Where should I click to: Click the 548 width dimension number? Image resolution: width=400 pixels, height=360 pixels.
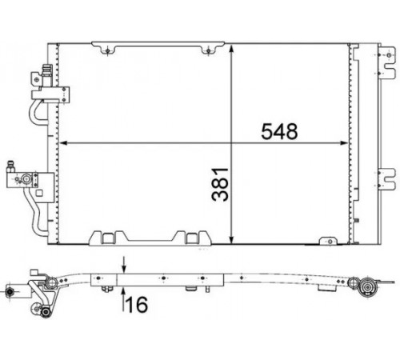click(x=279, y=131)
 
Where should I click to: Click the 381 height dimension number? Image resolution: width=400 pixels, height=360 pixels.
click(x=220, y=184)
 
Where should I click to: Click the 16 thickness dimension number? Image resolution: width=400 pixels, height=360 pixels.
click(x=137, y=305)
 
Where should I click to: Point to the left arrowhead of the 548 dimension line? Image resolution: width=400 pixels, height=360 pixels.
click(x=62, y=143)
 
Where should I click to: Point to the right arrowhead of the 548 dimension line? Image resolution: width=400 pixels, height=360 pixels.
click(x=345, y=143)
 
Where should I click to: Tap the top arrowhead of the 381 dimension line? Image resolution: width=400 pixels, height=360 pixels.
click(x=231, y=49)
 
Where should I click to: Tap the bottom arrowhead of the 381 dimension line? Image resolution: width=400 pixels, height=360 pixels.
click(x=231, y=240)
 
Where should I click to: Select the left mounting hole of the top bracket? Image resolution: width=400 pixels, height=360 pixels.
click(x=107, y=50)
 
